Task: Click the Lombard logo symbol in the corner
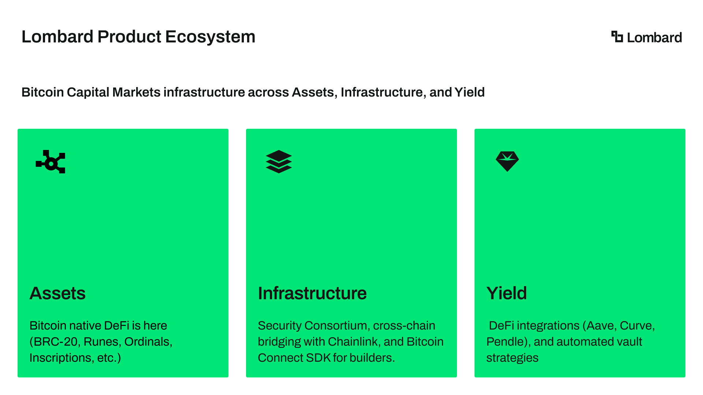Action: [x=617, y=37]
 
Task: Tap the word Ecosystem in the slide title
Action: [x=210, y=37]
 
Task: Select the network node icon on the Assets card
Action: [x=51, y=162]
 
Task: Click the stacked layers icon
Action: [x=279, y=161]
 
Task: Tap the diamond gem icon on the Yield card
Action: [x=507, y=161]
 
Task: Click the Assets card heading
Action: [x=57, y=293]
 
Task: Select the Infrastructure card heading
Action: [x=312, y=293]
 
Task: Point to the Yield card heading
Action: [x=507, y=293]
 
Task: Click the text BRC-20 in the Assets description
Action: [x=55, y=342]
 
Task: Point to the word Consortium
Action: [x=337, y=326]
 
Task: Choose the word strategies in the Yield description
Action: [x=512, y=358]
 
